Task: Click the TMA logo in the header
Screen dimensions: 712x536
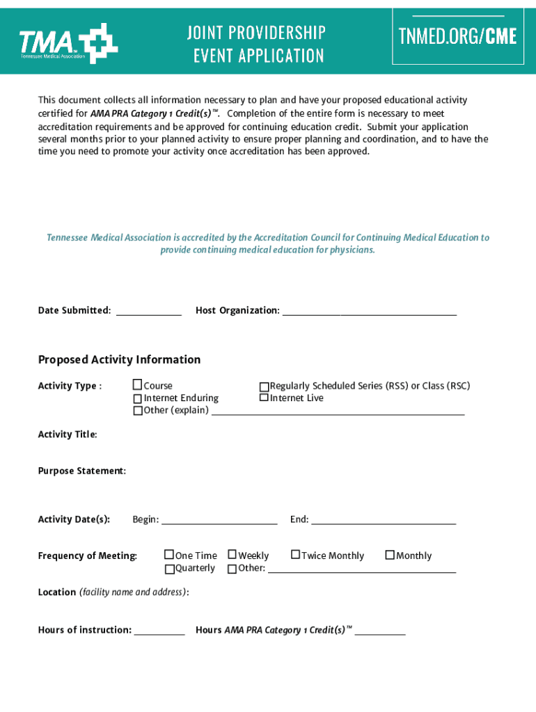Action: pyautogui.click(x=68, y=43)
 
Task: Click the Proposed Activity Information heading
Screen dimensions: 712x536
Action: pyautogui.click(x=119, y=359)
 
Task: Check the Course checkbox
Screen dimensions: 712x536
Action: pyautogui.click(x=137, y=385)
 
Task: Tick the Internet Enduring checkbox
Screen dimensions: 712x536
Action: pyautogui.click(x=137, y=398)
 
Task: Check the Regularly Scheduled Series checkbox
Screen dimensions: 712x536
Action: pyautogui.click(x=264, y=387)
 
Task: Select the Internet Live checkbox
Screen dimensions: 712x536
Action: pyautogui.click(x=264, y=398)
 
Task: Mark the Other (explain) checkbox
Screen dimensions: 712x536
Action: pyautogui.click(x=137, y=411)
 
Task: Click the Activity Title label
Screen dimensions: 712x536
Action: pyautogui.click(x=67, y=435)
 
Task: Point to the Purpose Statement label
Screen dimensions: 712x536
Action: pyautogui.click(x=81, y=471)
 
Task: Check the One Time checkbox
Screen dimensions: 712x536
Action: pyautogui.click(x=168, y=555)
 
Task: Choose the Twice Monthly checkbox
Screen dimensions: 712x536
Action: pyautogui.click(x=295, y=555)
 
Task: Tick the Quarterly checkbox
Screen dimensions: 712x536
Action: pyautogui.click(x=169, y=569)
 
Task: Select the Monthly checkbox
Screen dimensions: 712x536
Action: pyautogui.click(x=390, y=555)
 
